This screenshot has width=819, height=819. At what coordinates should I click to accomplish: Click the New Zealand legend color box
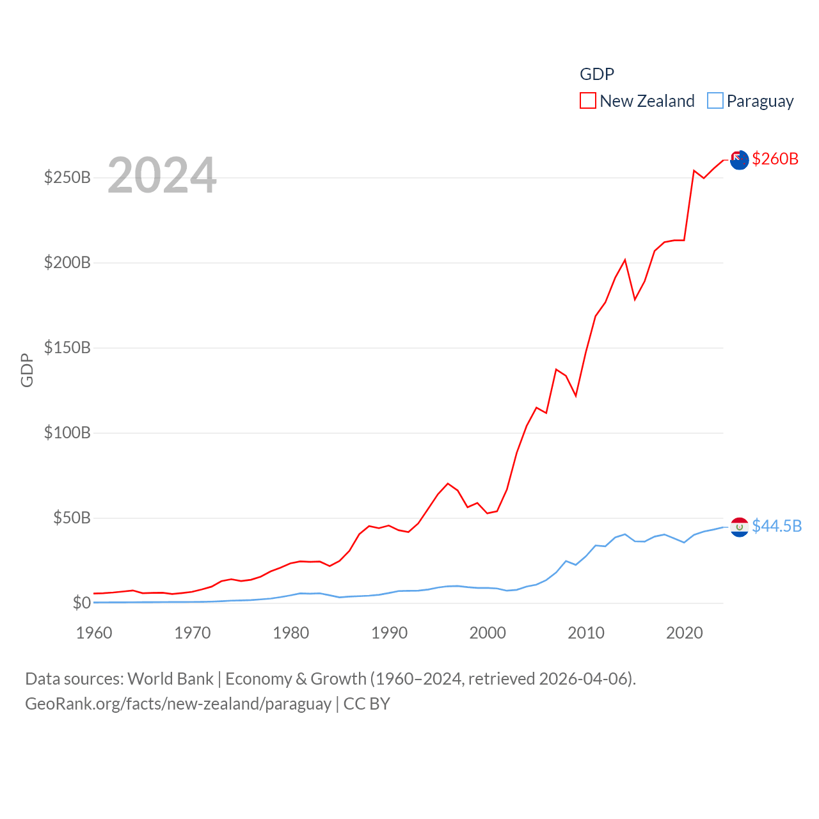(x=587, y=101)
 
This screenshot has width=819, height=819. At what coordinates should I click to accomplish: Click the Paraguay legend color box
(x=715, y=101)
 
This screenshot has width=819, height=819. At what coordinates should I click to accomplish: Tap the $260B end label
(x=775, y=159)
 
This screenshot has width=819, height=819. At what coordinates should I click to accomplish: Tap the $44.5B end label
(x=777, y=526)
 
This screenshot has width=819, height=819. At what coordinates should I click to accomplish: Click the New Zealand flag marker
(x=740, y=159)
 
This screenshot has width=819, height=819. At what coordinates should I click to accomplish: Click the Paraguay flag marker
(x=740, y=527)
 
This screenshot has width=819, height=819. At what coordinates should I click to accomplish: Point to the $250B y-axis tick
(x=67, y=177)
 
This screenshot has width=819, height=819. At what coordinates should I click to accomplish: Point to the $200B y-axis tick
(x=67, y=262)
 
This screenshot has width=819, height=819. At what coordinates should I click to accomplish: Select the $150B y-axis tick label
(x=67, y=347)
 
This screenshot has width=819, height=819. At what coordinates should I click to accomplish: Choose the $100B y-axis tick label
(x=67, y=433)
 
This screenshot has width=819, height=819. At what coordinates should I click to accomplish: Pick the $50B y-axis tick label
(x=72, y=518)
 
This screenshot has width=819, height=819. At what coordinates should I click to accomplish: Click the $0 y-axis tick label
(x=81, y=603)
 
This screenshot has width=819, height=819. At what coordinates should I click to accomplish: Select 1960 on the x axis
(x=94, y=633)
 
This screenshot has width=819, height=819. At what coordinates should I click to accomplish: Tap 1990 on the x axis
(x=389, y=633)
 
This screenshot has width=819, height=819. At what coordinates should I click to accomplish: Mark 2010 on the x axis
(x=586, y=633)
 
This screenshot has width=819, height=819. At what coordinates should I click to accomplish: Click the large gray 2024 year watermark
(x=162, y=175)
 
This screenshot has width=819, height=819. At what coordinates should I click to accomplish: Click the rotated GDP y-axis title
(x=27, y=370)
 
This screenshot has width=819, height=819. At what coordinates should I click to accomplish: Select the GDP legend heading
(x=596, y=74)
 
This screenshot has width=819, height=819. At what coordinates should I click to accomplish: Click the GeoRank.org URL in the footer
(x=178, y=704)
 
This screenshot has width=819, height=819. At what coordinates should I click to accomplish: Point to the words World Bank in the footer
(x=170, y=678)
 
